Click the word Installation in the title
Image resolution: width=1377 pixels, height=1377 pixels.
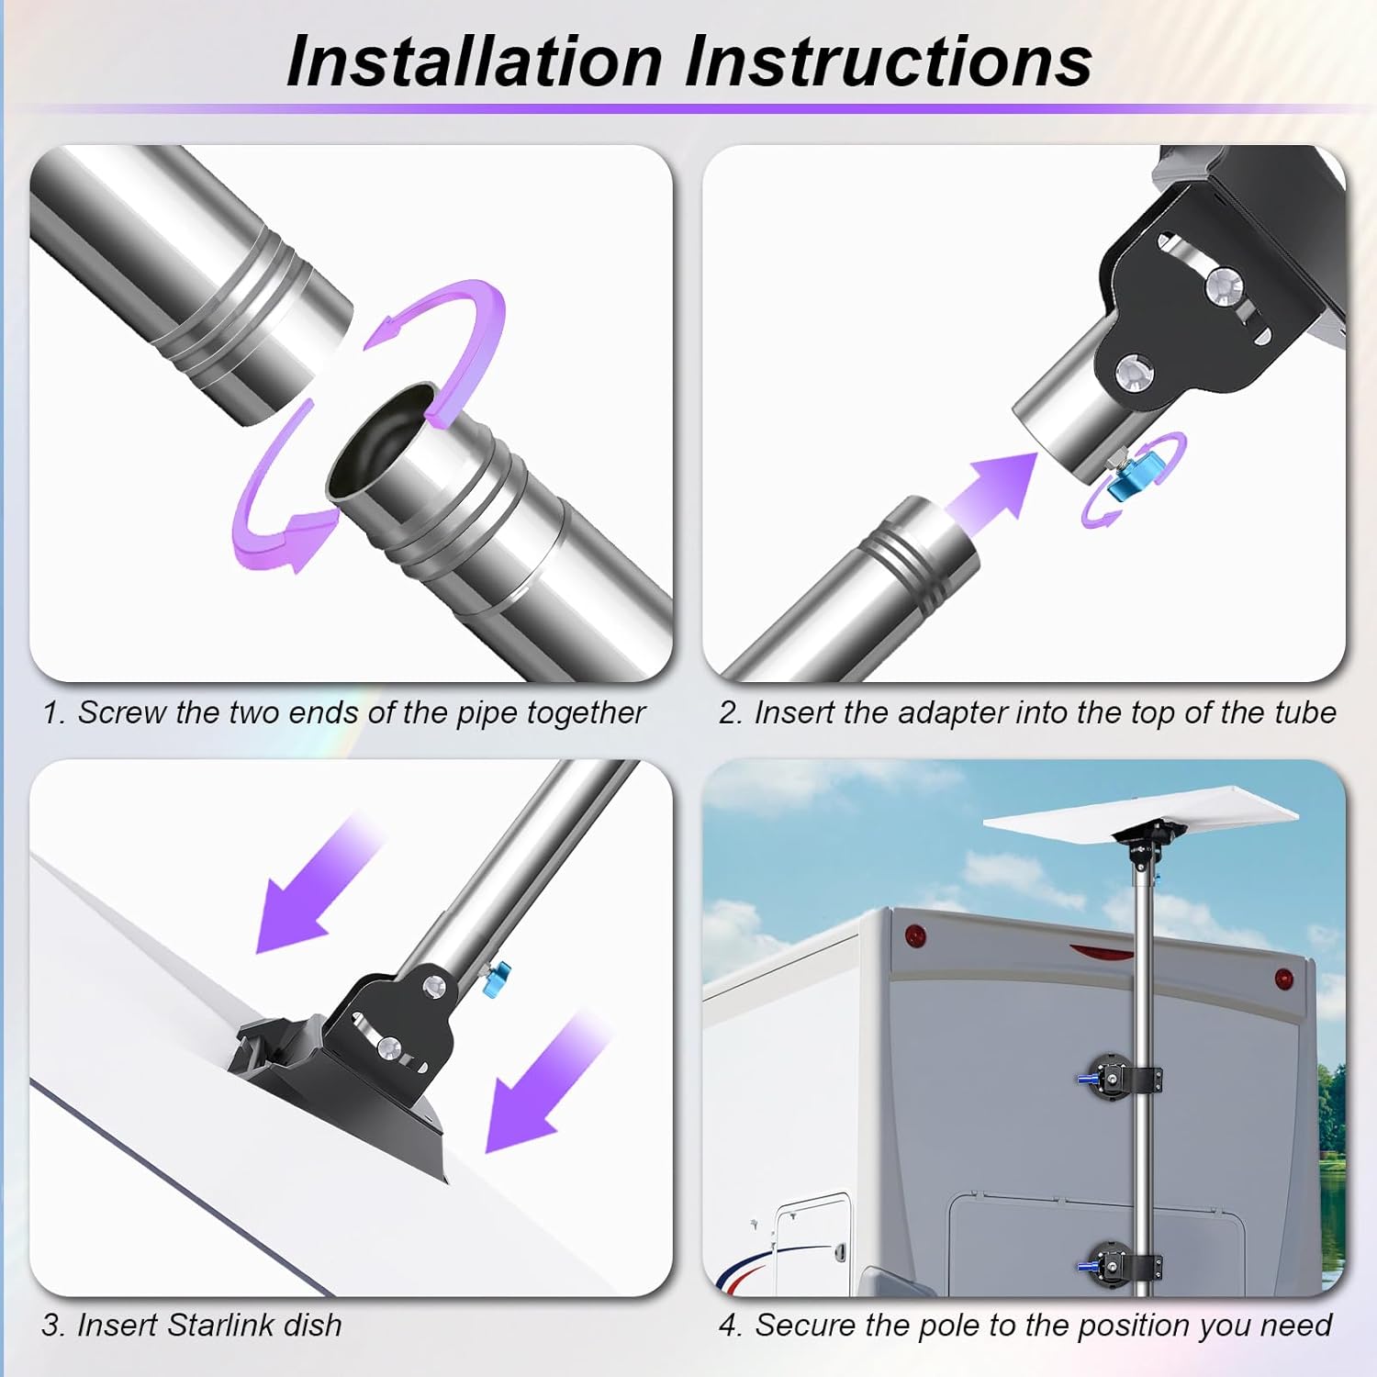pos(475,61)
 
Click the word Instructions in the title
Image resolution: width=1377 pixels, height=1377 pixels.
pos(888,61)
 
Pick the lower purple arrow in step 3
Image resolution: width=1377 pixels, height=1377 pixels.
pos(548,1083)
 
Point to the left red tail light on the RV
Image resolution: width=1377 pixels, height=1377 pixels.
pos(913,938)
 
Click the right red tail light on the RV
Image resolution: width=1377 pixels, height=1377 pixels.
pos(1284,979)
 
